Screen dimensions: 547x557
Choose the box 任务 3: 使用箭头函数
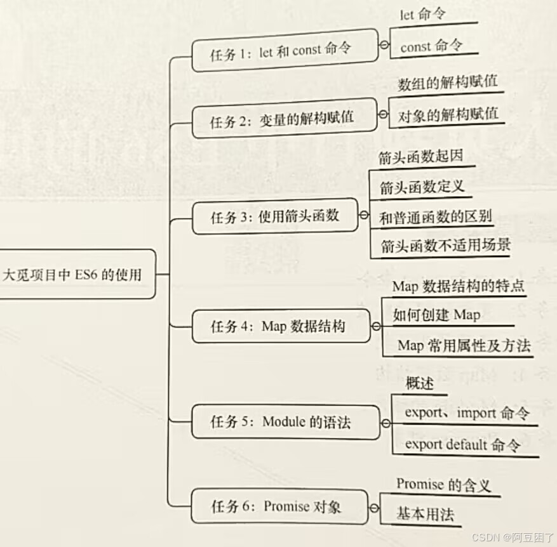coord(274,216)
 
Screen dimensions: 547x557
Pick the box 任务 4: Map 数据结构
coord(279,326)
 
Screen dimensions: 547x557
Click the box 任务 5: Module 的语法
coord(285,422)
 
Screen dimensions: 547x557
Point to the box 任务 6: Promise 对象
coord(279,506)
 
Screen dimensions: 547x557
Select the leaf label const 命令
coord(431,46)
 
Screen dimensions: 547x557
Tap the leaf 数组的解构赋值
coord(447,84)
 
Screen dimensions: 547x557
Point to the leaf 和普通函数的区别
coord(435,217)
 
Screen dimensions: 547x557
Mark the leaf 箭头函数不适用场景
coord(445,246)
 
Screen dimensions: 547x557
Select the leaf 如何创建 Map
coord(436,315)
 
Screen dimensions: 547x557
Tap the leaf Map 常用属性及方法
coord(463,346)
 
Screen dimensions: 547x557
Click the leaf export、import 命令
coord(467,413)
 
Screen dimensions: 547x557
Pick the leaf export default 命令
coord(462,444)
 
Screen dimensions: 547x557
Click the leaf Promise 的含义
coord(443,485)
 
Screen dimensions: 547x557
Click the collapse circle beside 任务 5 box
coord(384,423)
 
